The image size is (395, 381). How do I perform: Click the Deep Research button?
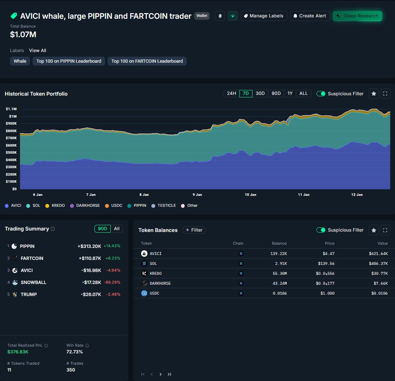point(358,16)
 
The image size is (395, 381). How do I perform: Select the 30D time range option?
point(260,93)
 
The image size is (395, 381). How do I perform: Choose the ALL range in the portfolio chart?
point(303,93)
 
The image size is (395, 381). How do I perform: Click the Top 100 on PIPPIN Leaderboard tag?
point(69,61)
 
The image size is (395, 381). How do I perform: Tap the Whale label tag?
point(20,61)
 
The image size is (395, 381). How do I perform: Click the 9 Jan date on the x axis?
point(197,195)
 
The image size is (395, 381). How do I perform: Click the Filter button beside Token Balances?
point(194,230)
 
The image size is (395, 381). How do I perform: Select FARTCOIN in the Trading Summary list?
point(32,258)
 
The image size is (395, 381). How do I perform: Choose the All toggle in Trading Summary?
point(116,229)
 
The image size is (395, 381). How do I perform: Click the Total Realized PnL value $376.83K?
point(18,352)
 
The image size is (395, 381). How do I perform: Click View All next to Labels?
point(37,51)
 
